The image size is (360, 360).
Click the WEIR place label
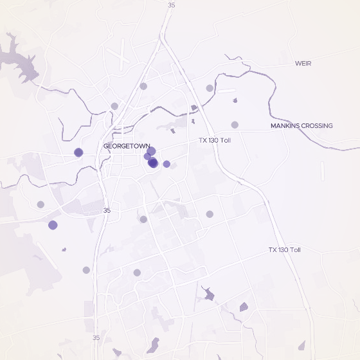(303, 63)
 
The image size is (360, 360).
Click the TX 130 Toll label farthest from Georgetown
(284, 249)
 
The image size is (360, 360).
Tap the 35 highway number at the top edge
(170, 4)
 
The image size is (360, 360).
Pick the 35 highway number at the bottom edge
(96, 337)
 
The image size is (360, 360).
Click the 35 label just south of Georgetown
(107, 210)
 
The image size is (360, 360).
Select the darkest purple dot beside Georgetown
(153, 163)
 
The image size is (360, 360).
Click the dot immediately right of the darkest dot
(166, 164)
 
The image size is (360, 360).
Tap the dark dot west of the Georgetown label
(78, 152)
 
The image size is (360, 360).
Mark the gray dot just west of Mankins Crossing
(235, 125)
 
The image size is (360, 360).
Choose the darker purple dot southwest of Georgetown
(53, 225)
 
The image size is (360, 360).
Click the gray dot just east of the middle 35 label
(143, 219)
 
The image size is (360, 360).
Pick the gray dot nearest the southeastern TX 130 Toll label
(210, 214)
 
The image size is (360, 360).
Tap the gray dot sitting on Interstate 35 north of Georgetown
(143, 86)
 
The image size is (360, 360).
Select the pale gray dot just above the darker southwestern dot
(40, 204)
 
